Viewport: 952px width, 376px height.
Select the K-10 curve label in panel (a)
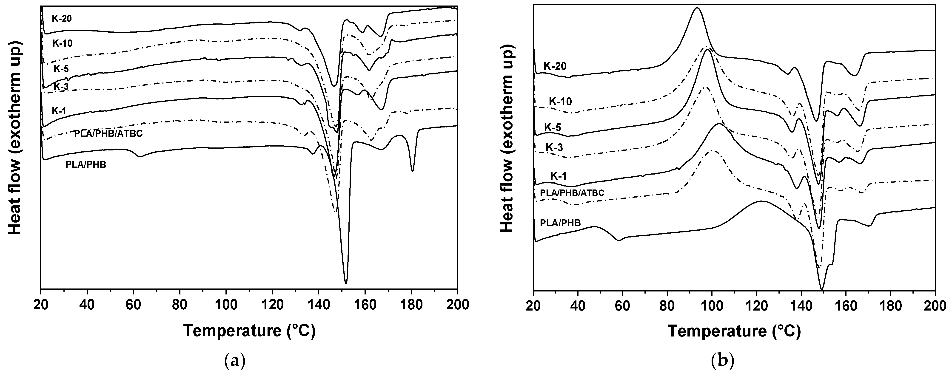(x=62, y=43)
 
